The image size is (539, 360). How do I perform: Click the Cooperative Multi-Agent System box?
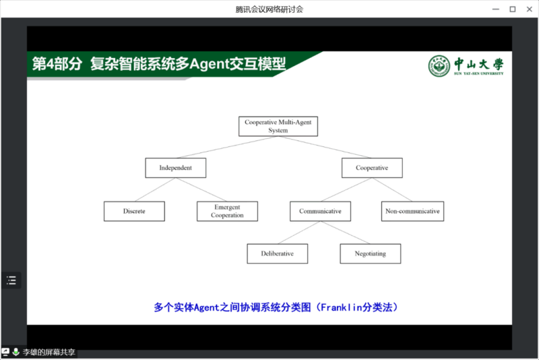tap(278, 126)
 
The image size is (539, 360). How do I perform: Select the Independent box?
tap(175, 168)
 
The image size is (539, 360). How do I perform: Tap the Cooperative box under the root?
tap(372, 168)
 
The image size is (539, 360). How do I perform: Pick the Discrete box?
tap(134, 211)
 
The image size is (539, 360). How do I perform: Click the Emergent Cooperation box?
tap(227, 211)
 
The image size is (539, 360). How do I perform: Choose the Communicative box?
tap(320, 211)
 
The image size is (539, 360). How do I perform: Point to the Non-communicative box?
tap(412, 211)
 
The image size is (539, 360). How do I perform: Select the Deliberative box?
tap(278, 253)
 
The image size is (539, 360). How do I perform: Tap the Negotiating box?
tap(371, 253)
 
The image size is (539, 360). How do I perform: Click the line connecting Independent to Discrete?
tap(154, 189)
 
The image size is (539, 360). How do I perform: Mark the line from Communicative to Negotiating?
tap(346, 233)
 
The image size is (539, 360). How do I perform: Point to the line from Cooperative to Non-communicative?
tap(392, 189)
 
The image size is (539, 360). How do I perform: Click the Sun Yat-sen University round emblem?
tap(439, 65)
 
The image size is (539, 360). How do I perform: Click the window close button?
tap(529, 9)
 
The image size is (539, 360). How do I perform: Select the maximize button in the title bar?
tap(512, 9)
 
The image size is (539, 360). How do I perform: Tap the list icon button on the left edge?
tap(11, 280)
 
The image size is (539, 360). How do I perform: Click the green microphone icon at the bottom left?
tap(15, 352)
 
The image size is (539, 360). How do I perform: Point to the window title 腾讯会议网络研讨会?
tap(269, 9)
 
